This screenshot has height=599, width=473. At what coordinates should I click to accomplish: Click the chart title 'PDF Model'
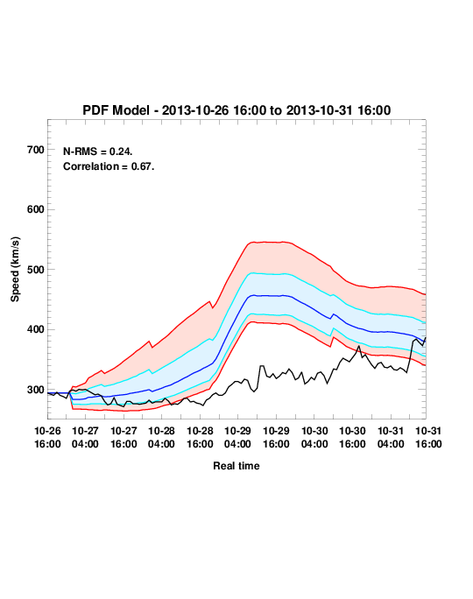click(116, 110)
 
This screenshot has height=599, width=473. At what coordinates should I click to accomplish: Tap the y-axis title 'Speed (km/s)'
click(15, 270)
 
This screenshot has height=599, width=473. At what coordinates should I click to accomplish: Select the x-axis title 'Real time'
click(236, 466)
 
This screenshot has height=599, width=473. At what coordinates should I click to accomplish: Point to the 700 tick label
click(36, 150)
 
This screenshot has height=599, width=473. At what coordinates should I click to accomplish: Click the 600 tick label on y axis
click(36, 209)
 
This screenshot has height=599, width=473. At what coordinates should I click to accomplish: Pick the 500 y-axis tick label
click(36, 270)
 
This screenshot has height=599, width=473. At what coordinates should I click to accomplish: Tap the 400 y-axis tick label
click(36, 329)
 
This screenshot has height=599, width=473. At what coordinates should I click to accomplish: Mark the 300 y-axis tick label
click(36, 390)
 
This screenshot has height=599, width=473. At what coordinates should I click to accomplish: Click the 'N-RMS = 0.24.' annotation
click(98, 152)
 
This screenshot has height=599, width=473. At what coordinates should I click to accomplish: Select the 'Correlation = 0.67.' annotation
click(109, 166)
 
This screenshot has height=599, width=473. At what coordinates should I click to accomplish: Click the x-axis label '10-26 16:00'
click(47, 437)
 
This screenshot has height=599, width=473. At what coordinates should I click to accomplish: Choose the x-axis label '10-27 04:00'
click(85, 437)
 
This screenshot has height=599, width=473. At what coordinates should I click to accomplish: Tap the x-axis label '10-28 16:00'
click(200, 437)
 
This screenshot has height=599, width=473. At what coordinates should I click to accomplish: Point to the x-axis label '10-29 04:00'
click(237, 437)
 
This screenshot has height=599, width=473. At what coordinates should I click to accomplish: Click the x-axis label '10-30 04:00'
click(314, 437)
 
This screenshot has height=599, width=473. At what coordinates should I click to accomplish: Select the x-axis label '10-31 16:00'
click(428, 437)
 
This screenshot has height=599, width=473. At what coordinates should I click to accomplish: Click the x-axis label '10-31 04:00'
click(391, 437)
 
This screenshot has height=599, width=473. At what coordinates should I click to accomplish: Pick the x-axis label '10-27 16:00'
click(124, 437)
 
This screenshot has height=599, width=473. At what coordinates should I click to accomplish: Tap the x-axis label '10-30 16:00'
click(352, 437)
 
